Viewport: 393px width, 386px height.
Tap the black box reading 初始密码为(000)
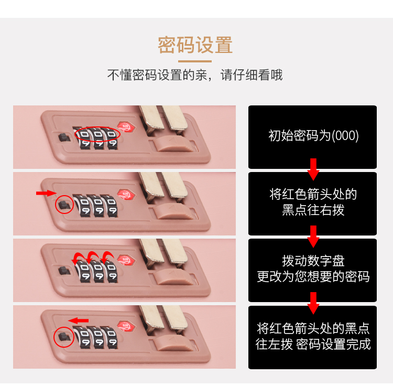coord(313,136)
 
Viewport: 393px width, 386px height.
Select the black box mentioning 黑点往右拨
coord(313,202)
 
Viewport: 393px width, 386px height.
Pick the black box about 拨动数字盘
coord(313,269)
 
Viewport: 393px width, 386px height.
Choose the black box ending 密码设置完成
coord(313,336)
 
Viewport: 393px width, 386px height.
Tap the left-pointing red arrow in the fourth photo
coord(79,320)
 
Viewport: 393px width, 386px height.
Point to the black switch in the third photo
coord(63,271)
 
